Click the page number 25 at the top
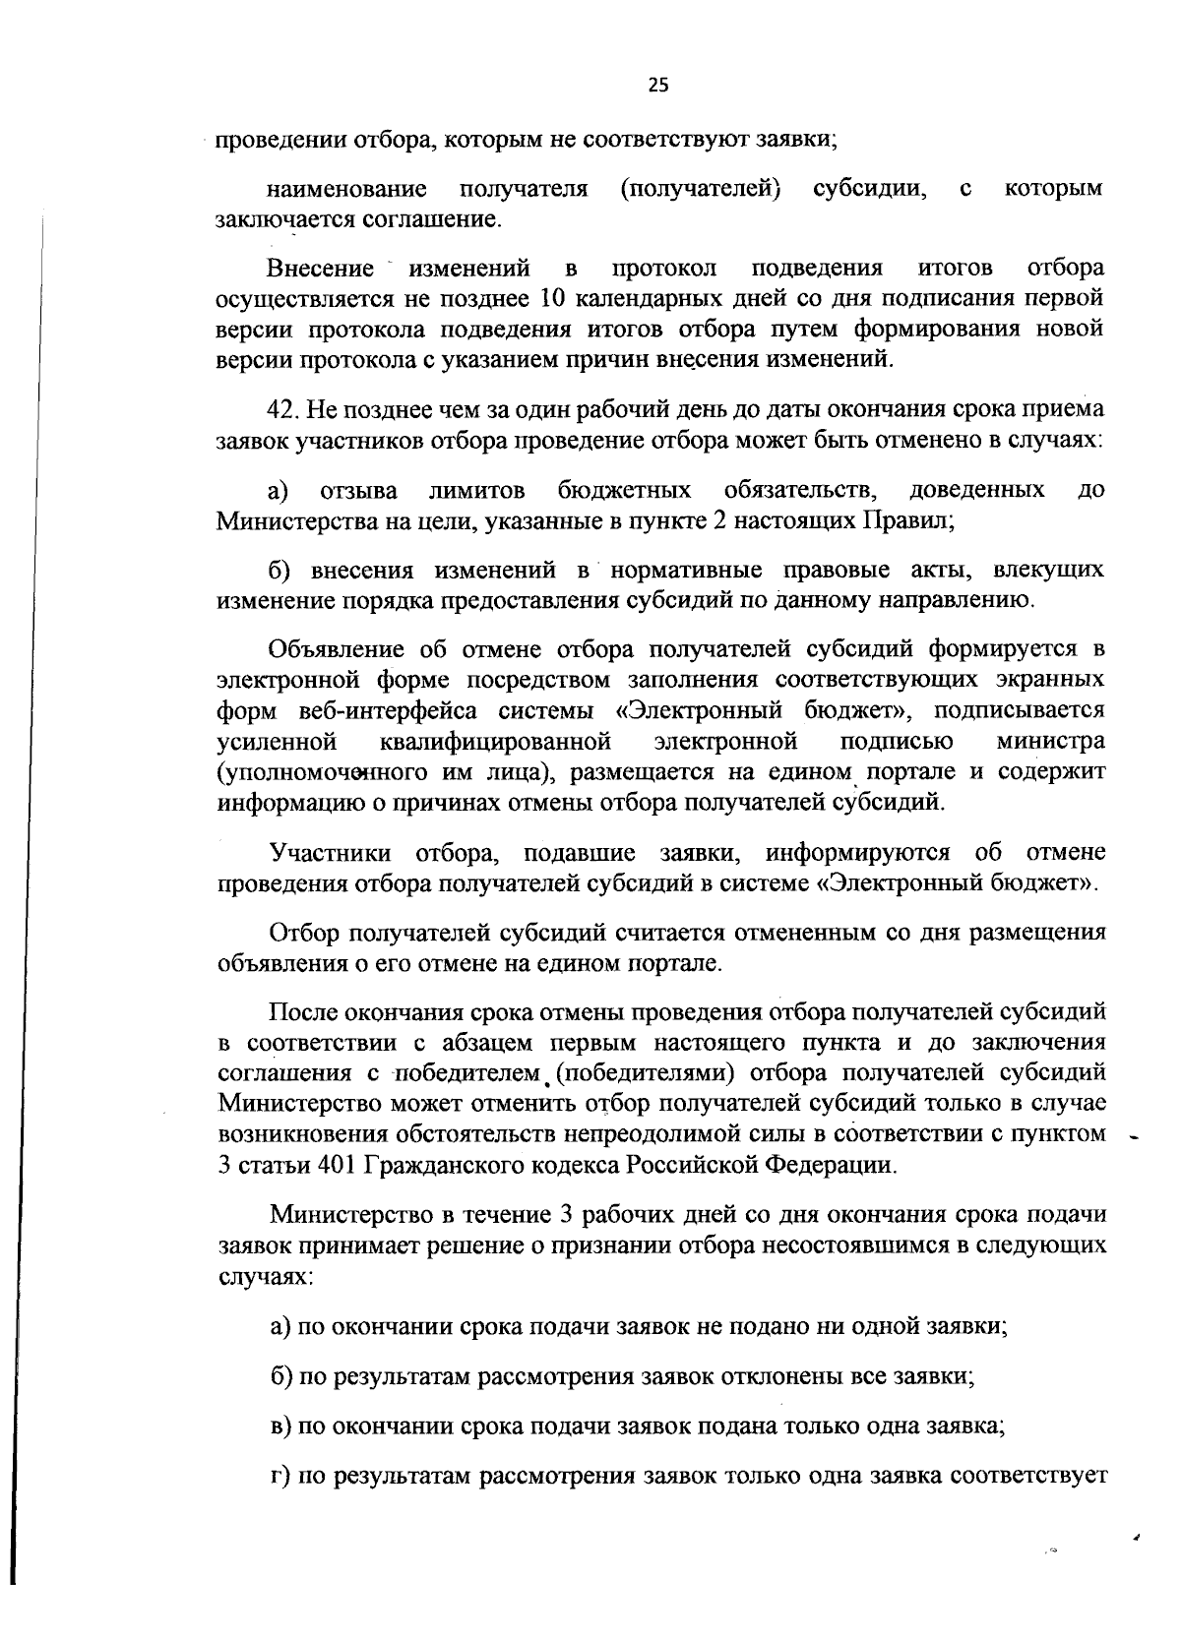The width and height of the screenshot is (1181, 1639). tap(658, 85)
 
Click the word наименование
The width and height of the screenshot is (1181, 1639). tap(346, 188)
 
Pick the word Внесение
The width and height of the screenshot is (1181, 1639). tap(320, 268)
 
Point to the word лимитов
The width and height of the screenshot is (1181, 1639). tap(476, 490)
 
